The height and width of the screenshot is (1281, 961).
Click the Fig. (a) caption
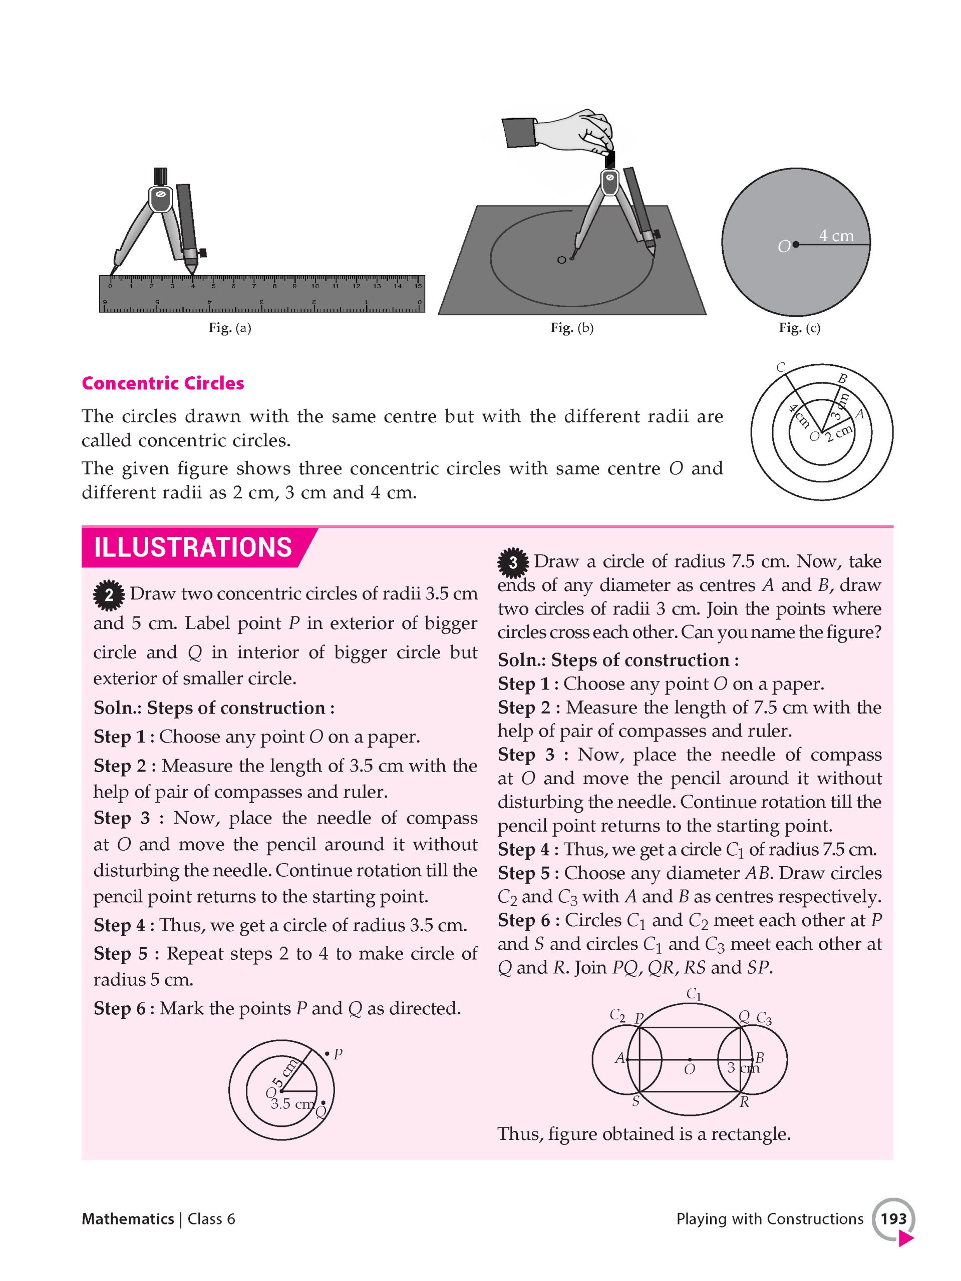coord(229,328)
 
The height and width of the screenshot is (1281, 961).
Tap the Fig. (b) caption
coord(571,328)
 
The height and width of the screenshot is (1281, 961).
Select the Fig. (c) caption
coord(799,328)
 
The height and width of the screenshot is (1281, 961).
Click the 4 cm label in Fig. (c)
coord(836,236)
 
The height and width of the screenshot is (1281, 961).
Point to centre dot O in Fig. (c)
coord(796,245)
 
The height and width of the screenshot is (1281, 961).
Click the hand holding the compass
coord(579,130)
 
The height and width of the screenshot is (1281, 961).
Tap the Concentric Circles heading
coord(163,383)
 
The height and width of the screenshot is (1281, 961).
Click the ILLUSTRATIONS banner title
coord(192,547)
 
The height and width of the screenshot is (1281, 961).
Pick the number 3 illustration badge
coord(512,562)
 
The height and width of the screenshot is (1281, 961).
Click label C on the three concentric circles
coord(781,367)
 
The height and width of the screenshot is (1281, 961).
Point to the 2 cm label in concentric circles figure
coord(839,432)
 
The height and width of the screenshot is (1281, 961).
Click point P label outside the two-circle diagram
coord(338,1054)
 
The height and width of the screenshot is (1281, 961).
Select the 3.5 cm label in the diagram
coord(292,1104)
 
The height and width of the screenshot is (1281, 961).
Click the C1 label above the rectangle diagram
coord(694,994)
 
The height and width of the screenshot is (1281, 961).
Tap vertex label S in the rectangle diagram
coord(635,1101)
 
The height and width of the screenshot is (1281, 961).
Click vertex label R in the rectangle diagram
coord(744,1101)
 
